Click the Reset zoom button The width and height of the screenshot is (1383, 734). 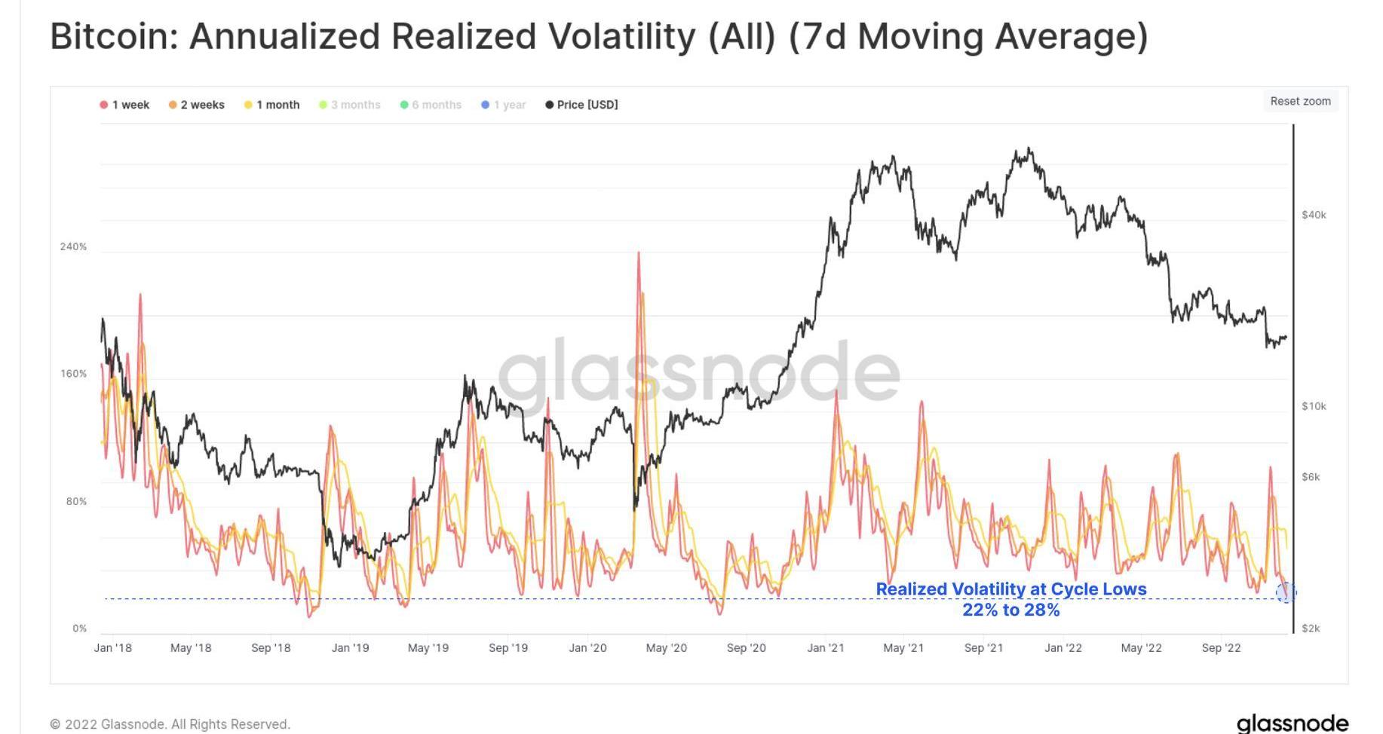coord(1300,101)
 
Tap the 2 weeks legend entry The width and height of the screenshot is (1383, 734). coord(197,105)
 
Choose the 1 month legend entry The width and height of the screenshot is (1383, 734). coord(272,105)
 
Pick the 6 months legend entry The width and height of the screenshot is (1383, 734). coord(431,105)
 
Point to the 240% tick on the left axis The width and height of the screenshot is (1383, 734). coord(73,246)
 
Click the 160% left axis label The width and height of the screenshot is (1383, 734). coord(73,374)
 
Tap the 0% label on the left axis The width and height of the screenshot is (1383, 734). coord(79,628)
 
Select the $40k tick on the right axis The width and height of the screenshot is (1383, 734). coord(1314,215)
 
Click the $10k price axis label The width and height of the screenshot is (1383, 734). coord(1314,406)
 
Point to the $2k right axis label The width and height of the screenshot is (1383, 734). coord(1311,628)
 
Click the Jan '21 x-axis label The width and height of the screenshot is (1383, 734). coord(826,648)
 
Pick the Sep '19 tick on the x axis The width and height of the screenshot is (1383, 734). coord(508,648)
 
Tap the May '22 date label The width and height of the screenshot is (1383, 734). coord(1141,648)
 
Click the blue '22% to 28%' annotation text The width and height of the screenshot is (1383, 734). coord(1010,610)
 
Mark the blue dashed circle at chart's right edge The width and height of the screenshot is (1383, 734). coord(1286,592)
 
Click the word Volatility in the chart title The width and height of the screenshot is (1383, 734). coord(621,36)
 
